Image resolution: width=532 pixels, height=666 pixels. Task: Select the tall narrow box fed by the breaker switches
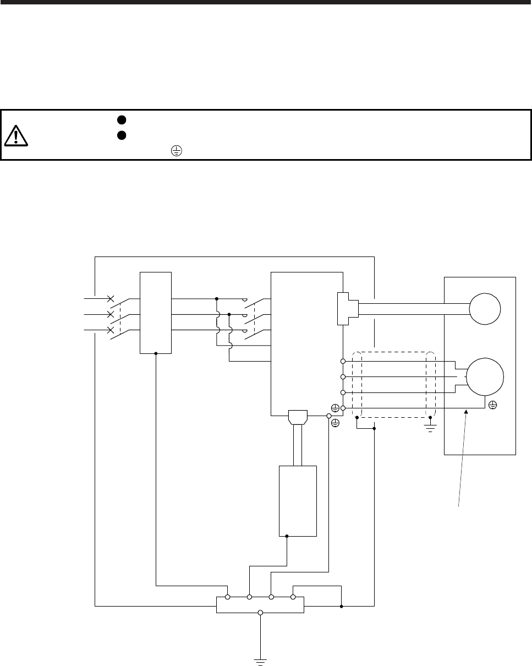point(156,312)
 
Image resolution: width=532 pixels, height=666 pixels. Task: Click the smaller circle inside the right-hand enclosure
point(485,308)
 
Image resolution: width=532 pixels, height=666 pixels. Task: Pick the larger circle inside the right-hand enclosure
point(485,377)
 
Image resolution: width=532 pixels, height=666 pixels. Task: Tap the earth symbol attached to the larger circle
point(492,405)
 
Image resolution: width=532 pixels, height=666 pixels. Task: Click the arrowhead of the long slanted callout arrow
point(467,410)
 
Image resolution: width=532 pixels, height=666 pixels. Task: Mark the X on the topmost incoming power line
point(111,299)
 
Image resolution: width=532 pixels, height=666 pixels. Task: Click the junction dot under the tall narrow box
point(156,353)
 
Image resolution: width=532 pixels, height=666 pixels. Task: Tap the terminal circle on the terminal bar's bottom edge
point(260,612)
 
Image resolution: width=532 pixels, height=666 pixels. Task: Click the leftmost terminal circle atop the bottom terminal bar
point(227,597)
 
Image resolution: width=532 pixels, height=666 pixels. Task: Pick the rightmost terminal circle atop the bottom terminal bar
point(293,597)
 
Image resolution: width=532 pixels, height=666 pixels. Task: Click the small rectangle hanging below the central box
point(298,500)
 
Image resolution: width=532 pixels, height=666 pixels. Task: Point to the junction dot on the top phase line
point(217,299)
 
